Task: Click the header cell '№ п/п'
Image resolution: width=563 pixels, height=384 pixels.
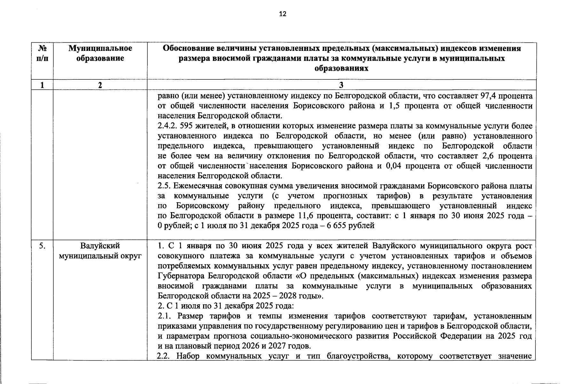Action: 42,53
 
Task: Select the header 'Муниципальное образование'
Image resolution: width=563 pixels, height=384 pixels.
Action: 100,53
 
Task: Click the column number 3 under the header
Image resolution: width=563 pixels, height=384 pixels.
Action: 341,85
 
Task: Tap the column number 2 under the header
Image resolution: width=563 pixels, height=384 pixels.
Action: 100,85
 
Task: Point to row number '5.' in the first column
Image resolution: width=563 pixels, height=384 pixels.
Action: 42,246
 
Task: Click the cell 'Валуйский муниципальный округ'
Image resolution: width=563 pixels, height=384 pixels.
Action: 100,251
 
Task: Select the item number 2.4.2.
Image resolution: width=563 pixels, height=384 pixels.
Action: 168,126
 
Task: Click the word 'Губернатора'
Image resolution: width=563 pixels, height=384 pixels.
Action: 181,276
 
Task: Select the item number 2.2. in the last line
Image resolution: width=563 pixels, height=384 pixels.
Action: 165,356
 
